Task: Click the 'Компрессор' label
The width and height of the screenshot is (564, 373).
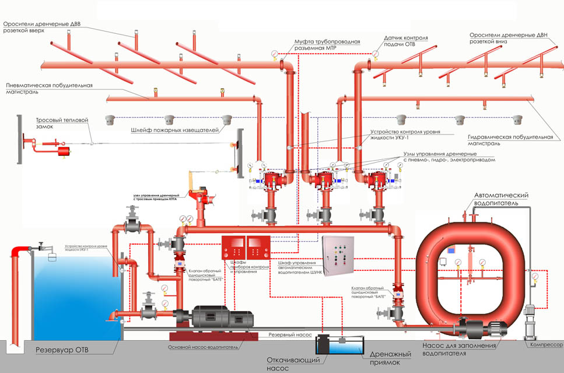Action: coord(545,345)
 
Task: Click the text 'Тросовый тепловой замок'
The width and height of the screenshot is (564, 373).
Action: coord(61,123)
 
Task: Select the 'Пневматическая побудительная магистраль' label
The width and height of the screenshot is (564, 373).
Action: coord(50,89)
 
